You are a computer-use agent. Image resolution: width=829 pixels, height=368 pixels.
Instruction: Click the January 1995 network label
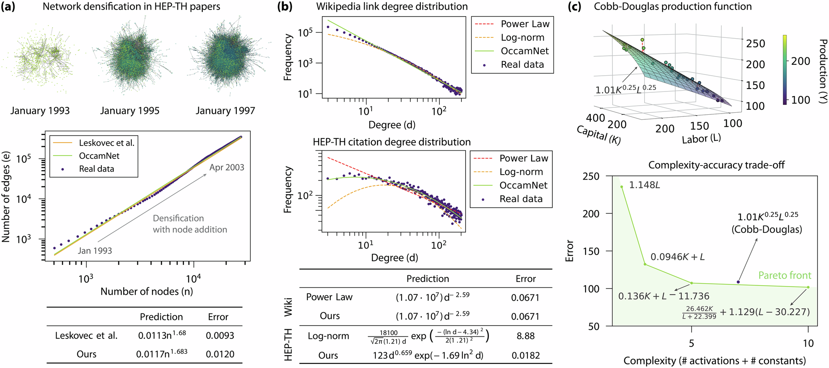click(x=130, y=111)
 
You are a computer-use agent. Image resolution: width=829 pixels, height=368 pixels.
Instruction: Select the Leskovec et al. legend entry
click(x=107, y=143)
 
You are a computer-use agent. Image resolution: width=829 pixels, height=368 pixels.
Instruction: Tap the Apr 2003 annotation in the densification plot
click(x=227, y=168)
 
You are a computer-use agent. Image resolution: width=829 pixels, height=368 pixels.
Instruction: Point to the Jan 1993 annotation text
click(x=95, y=251)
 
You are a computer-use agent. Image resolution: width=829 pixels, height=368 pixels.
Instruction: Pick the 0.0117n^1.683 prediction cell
click(x=162, y=354)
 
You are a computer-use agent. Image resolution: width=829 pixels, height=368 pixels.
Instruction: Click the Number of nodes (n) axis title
click(x=147, y=291)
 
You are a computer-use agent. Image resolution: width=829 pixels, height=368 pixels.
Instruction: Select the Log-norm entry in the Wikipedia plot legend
click(x=522, y=37)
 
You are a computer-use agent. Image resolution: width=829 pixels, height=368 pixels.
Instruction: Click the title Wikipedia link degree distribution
click(x=392, y=7)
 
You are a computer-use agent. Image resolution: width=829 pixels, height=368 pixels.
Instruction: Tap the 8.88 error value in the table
click(x=525, y=336)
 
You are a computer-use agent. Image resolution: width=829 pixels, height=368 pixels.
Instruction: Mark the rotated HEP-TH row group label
click(x=288, y=344)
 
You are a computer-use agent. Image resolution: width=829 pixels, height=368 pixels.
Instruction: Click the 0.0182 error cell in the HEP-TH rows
click(x=525, y=356)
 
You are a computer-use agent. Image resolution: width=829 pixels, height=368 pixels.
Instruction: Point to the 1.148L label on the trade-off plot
click(x=644, y=185)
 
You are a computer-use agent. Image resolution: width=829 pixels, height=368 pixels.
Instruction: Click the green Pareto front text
click(x=785, y=276)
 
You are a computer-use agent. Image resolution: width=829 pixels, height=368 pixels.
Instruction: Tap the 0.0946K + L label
click(x=677, y=257)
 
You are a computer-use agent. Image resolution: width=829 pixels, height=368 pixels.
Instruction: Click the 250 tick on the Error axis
click(x=591, y=176)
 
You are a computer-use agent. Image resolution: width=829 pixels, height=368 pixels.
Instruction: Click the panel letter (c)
click(x=574, y=7)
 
